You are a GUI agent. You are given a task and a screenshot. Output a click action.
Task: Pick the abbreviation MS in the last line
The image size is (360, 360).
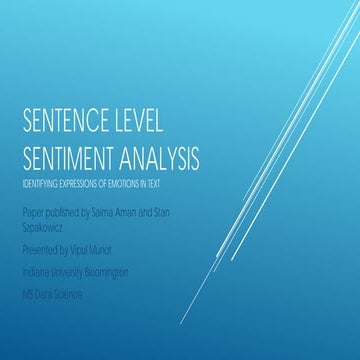click(x=28, y=296)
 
